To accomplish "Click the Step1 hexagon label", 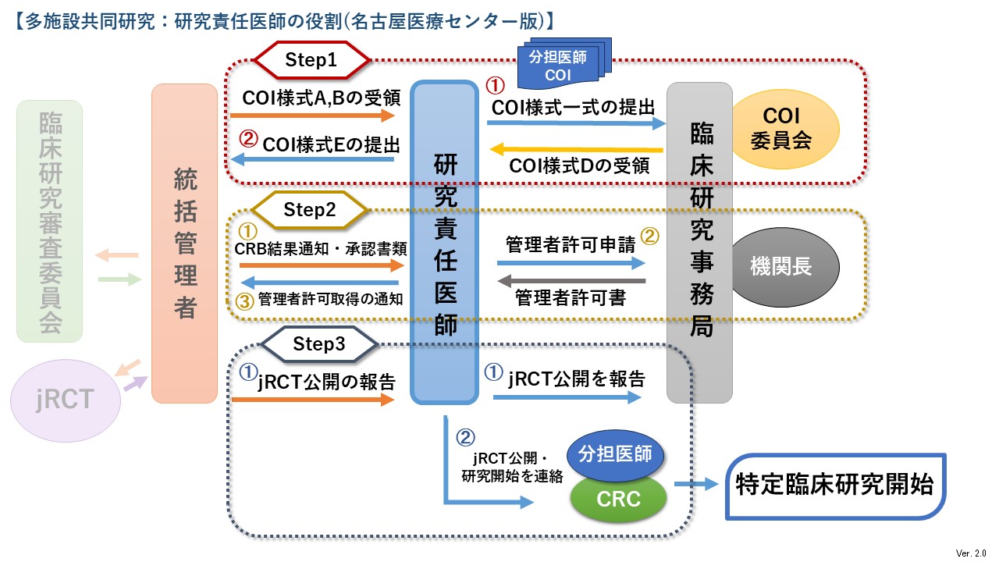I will pyautogui.click(x=311, y=59).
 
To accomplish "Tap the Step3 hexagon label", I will pyautogui.click(x=319, y=343).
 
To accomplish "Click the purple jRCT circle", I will pyautogui.click(x=66, y=400).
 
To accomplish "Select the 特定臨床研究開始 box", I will pyautogui.click(x=834, y=486).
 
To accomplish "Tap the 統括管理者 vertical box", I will pyautogui.click(x=184, y=244).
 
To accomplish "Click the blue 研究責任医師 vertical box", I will pyautogui.click(x=445, y=244).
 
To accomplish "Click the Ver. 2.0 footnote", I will pyautogui.click(x=971, y=553).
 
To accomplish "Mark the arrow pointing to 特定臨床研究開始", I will pyautogui.click(x=695, y=485).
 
